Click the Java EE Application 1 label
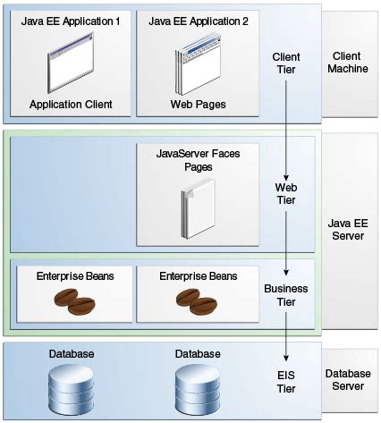[x=70, y=21]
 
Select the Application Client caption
[x=70, y=105]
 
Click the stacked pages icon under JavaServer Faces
[x=195, y=207]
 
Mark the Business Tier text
[x=286, y=295]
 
